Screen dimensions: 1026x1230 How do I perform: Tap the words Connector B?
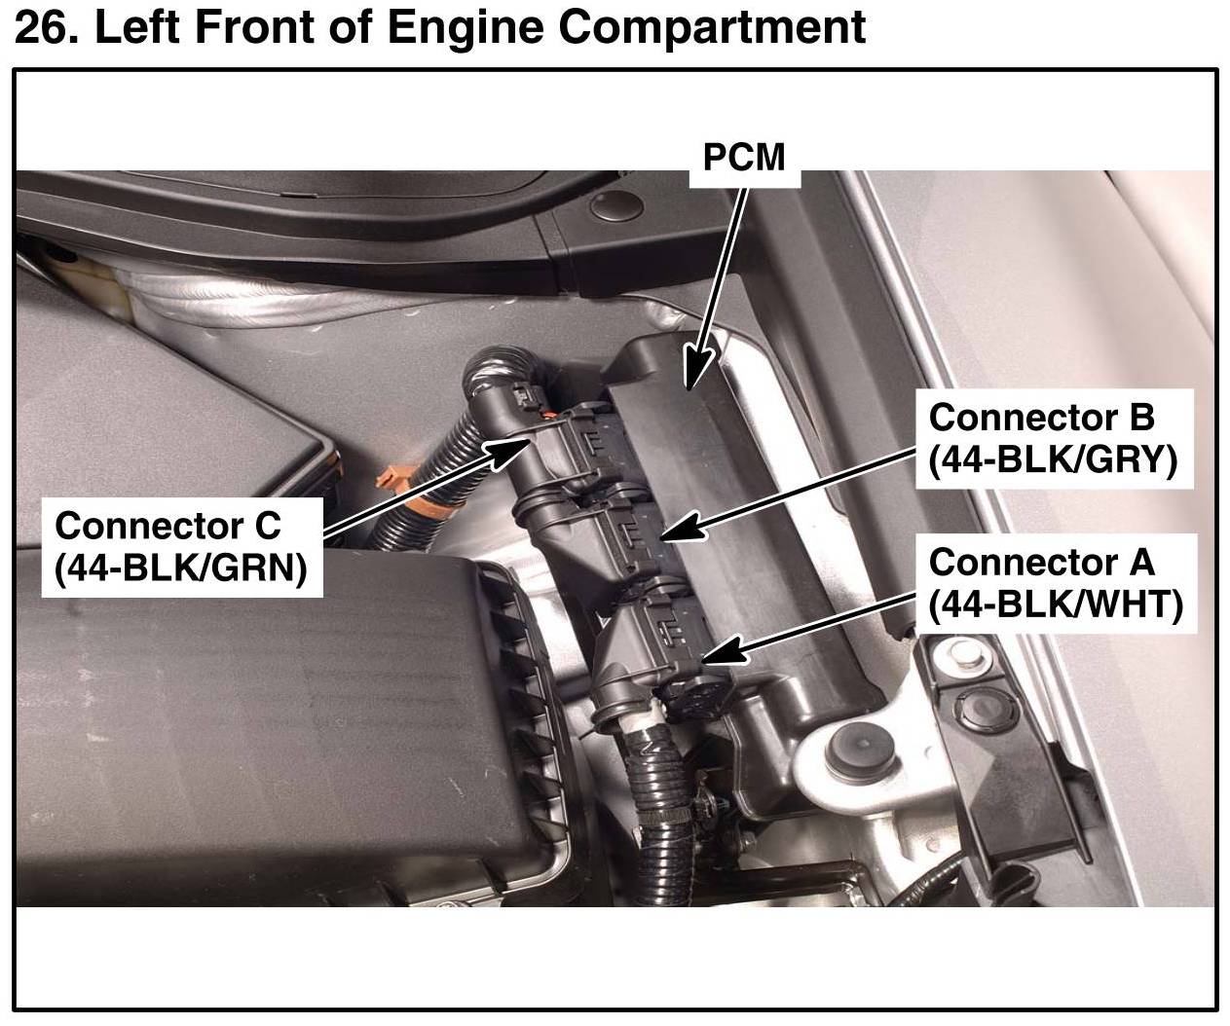(1040, 418)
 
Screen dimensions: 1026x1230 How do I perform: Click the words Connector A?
(1041, 562)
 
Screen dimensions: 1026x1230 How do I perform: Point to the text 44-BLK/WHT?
(1056, 605)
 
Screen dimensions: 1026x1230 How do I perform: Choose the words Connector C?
(168, 526)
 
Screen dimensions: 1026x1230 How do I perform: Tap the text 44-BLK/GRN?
(181, 568)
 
